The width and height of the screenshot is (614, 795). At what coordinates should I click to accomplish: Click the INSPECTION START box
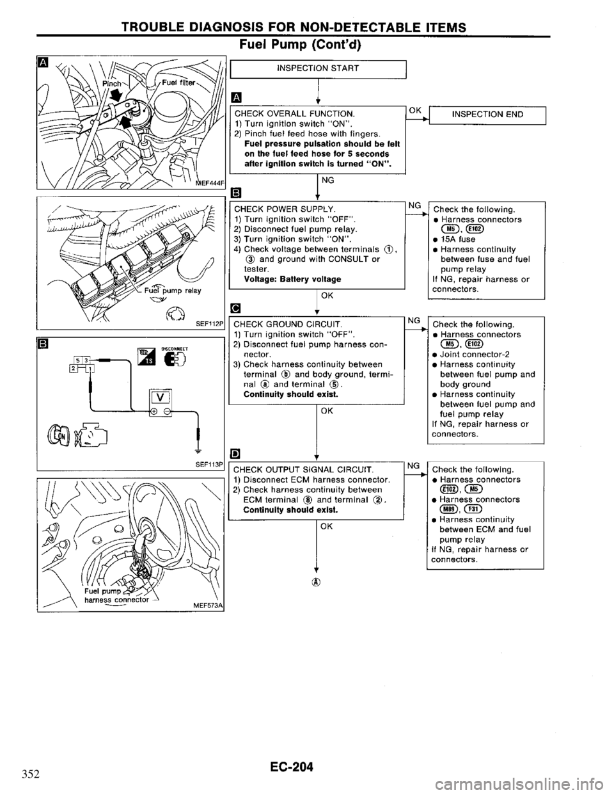point(317,68)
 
